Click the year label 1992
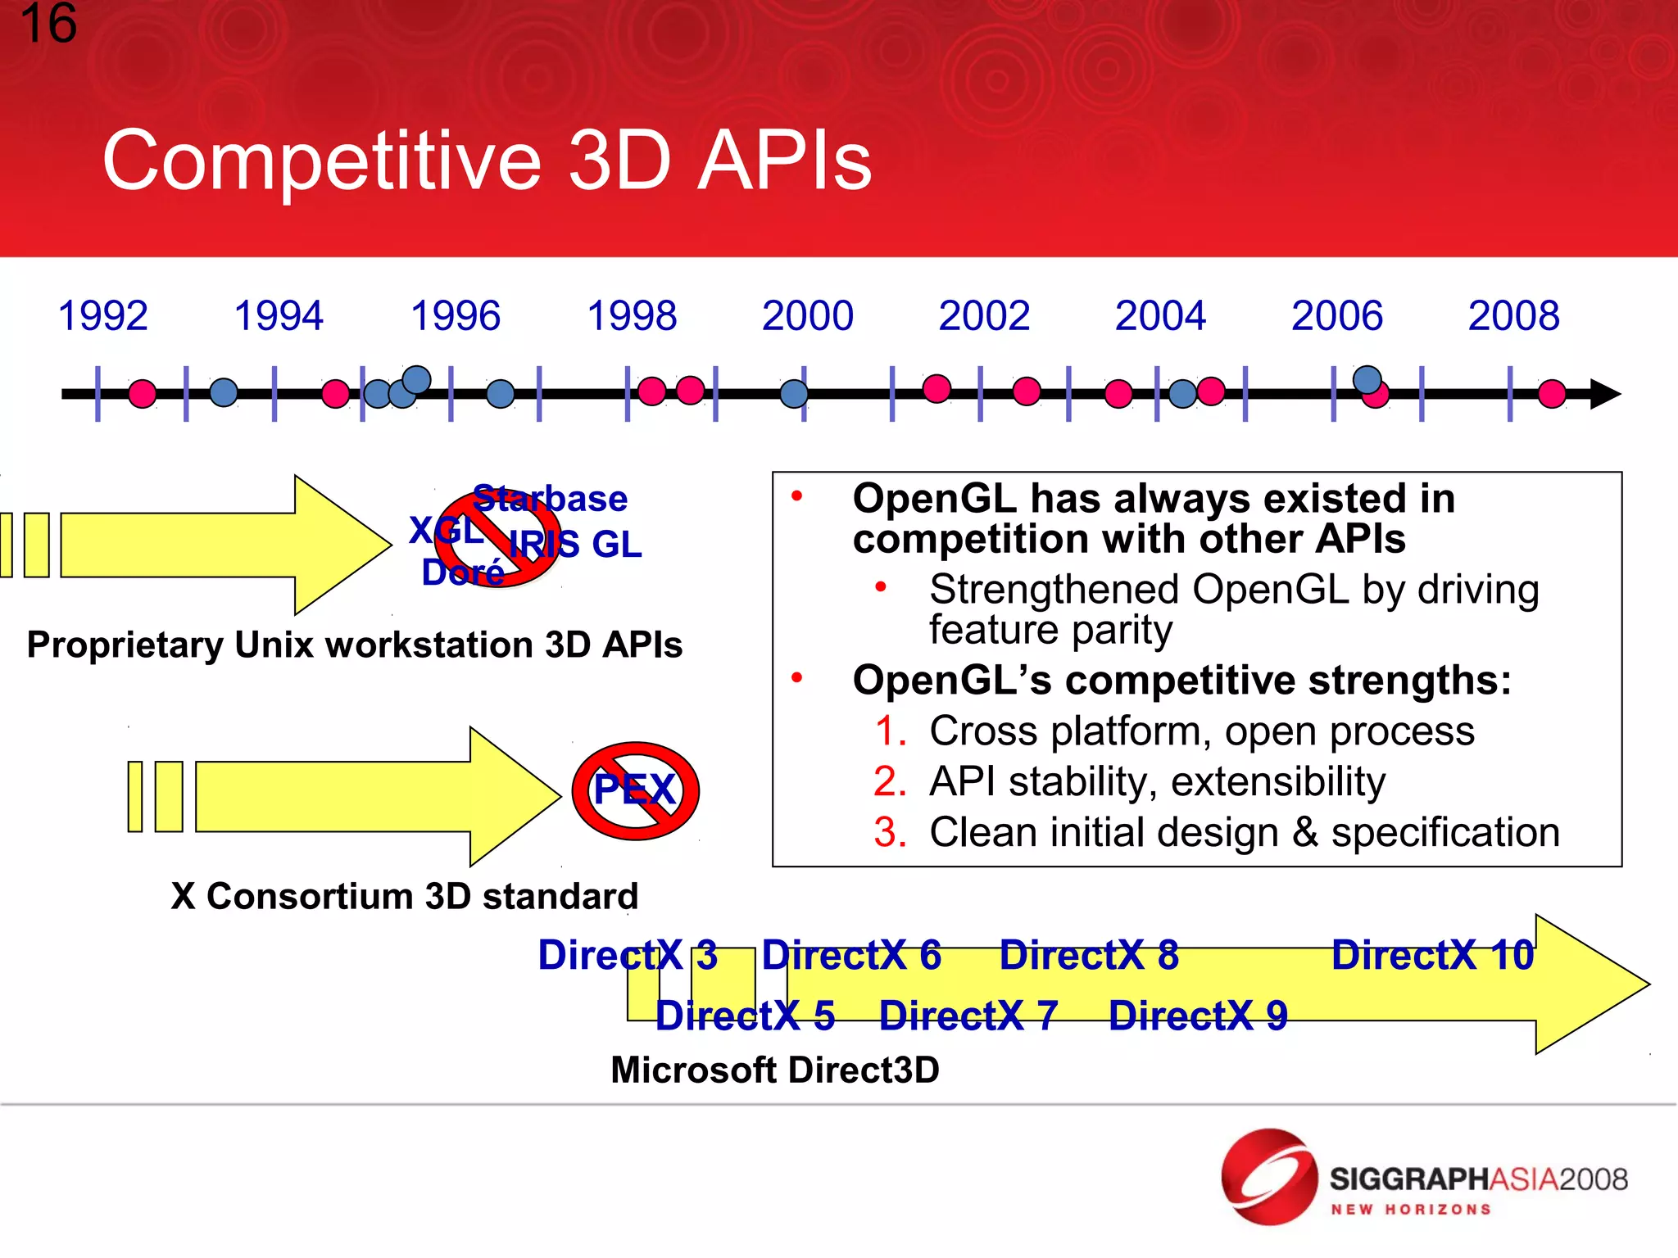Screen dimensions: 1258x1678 point(102,316)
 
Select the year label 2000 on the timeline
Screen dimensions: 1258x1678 point(807,316)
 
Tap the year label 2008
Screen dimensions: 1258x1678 point(1513,316)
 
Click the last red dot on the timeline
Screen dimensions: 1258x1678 point(1552,394)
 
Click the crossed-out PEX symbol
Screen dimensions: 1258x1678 point(635,791)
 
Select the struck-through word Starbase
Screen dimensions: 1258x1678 point(550,499)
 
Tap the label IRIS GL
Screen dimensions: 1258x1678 point(575,545)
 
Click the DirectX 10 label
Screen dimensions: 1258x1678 point(1432,955)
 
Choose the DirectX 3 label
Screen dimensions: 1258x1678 point(628,955)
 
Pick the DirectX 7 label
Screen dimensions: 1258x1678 point(968,1016)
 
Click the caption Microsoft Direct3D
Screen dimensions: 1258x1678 point(775,1070)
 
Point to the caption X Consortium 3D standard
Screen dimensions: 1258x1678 point(404,896)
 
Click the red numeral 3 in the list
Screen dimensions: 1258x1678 point(890,833)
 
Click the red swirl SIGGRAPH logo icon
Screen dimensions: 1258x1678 point(1268,1177)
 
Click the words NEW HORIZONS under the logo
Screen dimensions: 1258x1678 point(1410,1210)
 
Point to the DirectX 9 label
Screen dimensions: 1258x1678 point(1198,1016)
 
